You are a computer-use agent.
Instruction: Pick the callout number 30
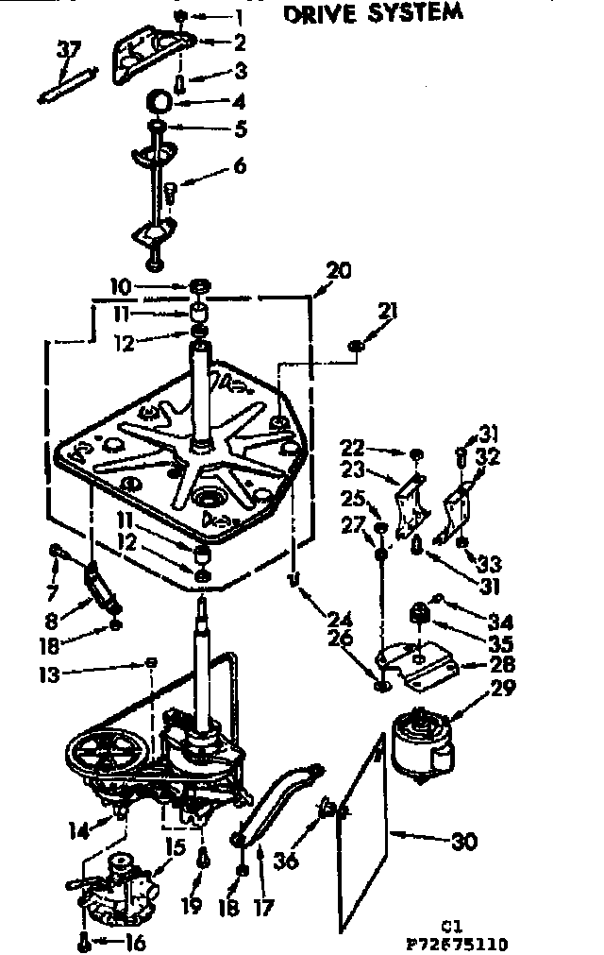(464, 840)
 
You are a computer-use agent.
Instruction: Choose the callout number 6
(239, 165)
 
